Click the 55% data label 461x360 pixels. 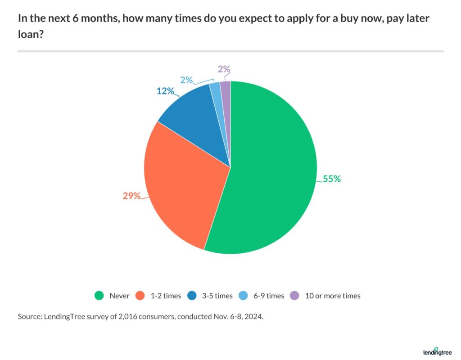(x=332, y=179)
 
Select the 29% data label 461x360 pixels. (x=132, y=196)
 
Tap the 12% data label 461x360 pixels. (x=165, y=91)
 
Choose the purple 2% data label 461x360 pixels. (x=224, y=69)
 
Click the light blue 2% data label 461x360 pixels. (x=186, y=80)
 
